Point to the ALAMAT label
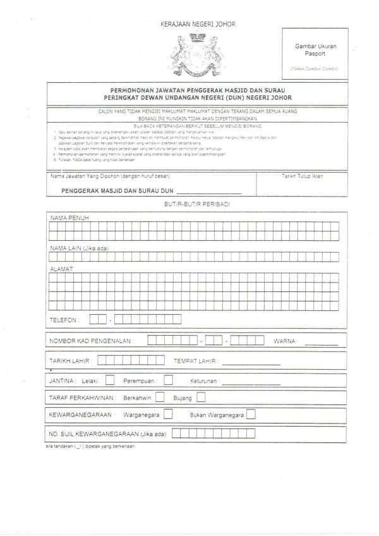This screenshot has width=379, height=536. pos(61,269)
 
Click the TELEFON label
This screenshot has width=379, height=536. pos(65,320)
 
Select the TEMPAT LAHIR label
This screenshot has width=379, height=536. pos(196,361)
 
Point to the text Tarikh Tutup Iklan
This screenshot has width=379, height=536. pos(302,176)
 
